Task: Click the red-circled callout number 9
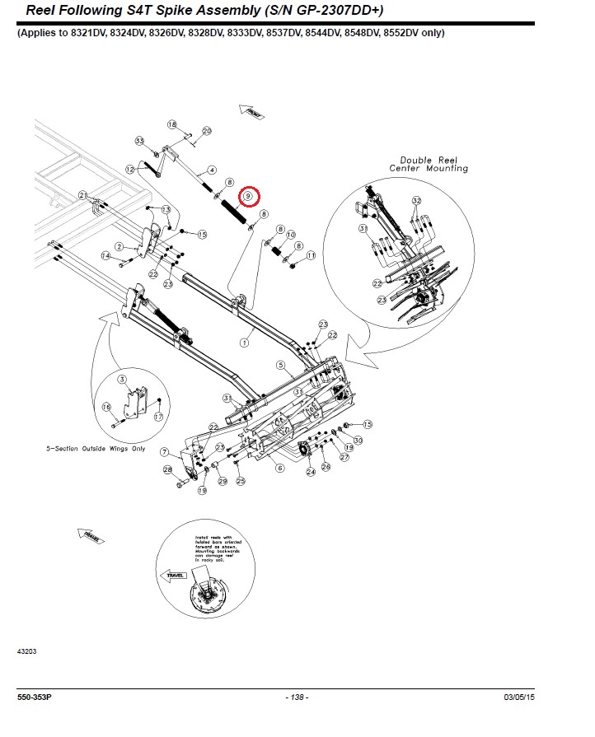(247, 197)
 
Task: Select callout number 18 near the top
(172, 124)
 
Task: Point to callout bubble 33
(139, 141)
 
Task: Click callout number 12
(129, 169)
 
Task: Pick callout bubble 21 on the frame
(83, 194)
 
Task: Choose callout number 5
(279, 365)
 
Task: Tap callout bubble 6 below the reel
(279, 468)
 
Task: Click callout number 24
(311, 472)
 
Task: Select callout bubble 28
(167, 470)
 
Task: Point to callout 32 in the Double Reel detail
(416, 200)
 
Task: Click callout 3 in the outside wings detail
(121, 379)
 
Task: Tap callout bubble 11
(311, 256)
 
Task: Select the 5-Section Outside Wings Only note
(96, 449)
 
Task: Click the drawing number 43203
(26, 651)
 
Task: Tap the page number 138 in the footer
(297, 697)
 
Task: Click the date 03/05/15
(519, 697)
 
